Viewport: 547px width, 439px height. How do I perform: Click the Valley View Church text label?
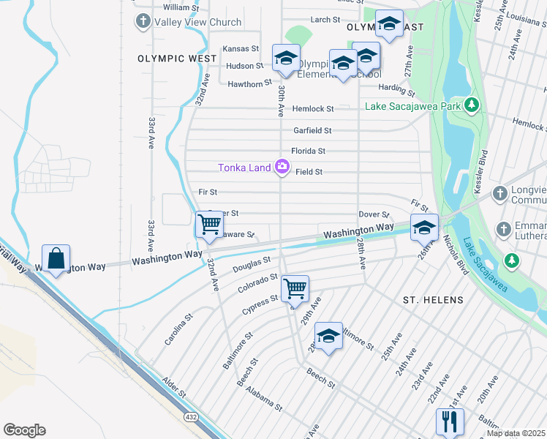click(x=197, y=22)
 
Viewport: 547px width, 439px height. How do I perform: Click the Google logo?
click(x=24, y=430)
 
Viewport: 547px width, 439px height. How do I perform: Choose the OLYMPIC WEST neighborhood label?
click(x=176, y=58)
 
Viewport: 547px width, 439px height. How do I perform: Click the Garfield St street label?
click(x=312, y=130)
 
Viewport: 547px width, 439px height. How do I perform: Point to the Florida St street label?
click(x=308, y=151)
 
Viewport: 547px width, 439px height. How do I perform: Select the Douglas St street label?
click(x=252, y=264)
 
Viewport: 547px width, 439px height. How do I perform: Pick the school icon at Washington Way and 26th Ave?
click(x=424, y=228)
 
